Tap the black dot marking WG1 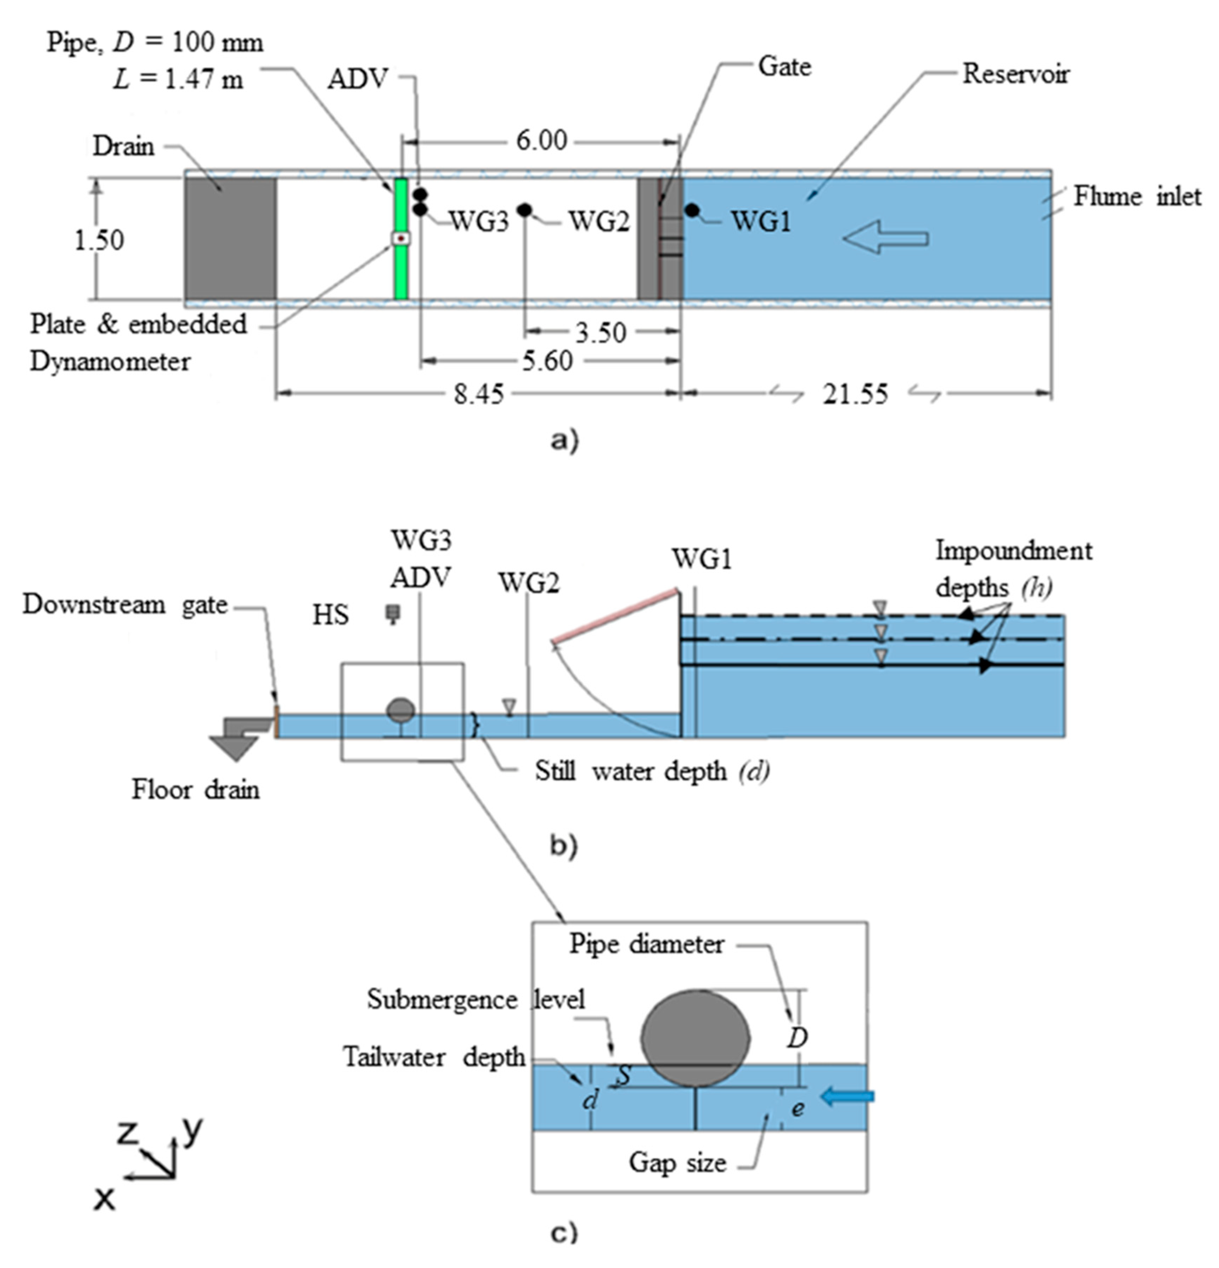[692, 210]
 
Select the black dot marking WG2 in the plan [524, 210]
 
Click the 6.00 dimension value [541, 140]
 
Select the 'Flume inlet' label [1137, 197]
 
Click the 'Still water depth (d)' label [652, 771]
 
